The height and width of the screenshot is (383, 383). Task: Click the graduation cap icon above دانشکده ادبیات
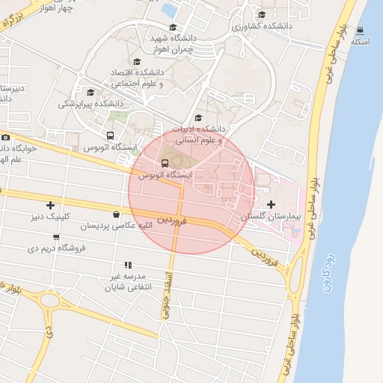[198, 117]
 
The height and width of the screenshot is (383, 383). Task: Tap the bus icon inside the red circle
[164, 163]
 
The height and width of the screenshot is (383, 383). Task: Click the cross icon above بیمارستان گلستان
[270, 203]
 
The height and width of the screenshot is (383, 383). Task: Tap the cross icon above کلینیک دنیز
[50, 205]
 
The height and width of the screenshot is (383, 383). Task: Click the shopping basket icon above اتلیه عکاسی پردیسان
[115, 214]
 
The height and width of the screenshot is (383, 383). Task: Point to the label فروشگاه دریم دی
[58, 246]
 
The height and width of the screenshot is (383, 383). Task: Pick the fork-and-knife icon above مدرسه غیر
[128, 264]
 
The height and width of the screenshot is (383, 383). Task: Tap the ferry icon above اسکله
[361, 30]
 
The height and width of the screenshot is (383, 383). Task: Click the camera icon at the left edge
[5, 137]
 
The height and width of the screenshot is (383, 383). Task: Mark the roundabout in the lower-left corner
[50, 302]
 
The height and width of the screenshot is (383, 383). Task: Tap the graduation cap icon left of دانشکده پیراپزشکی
[91, 93]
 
